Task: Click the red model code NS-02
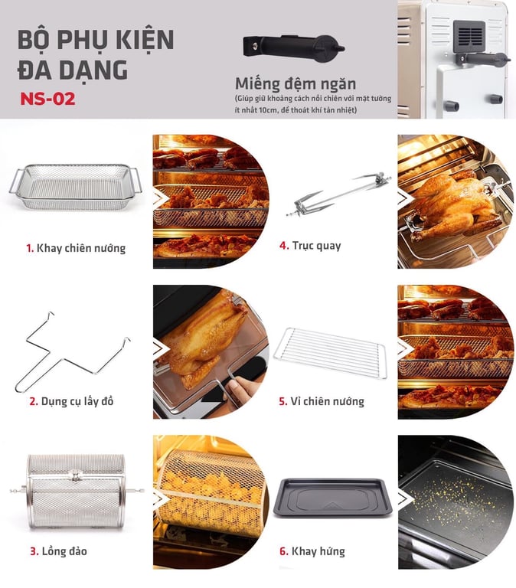47,99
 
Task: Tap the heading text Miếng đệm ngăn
296,83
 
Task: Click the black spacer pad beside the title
294,48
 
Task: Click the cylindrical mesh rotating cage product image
77,492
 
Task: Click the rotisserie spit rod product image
338,194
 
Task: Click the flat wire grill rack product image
330,353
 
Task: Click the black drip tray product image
332,497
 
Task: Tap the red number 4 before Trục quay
283,246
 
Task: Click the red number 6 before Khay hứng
284,551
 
